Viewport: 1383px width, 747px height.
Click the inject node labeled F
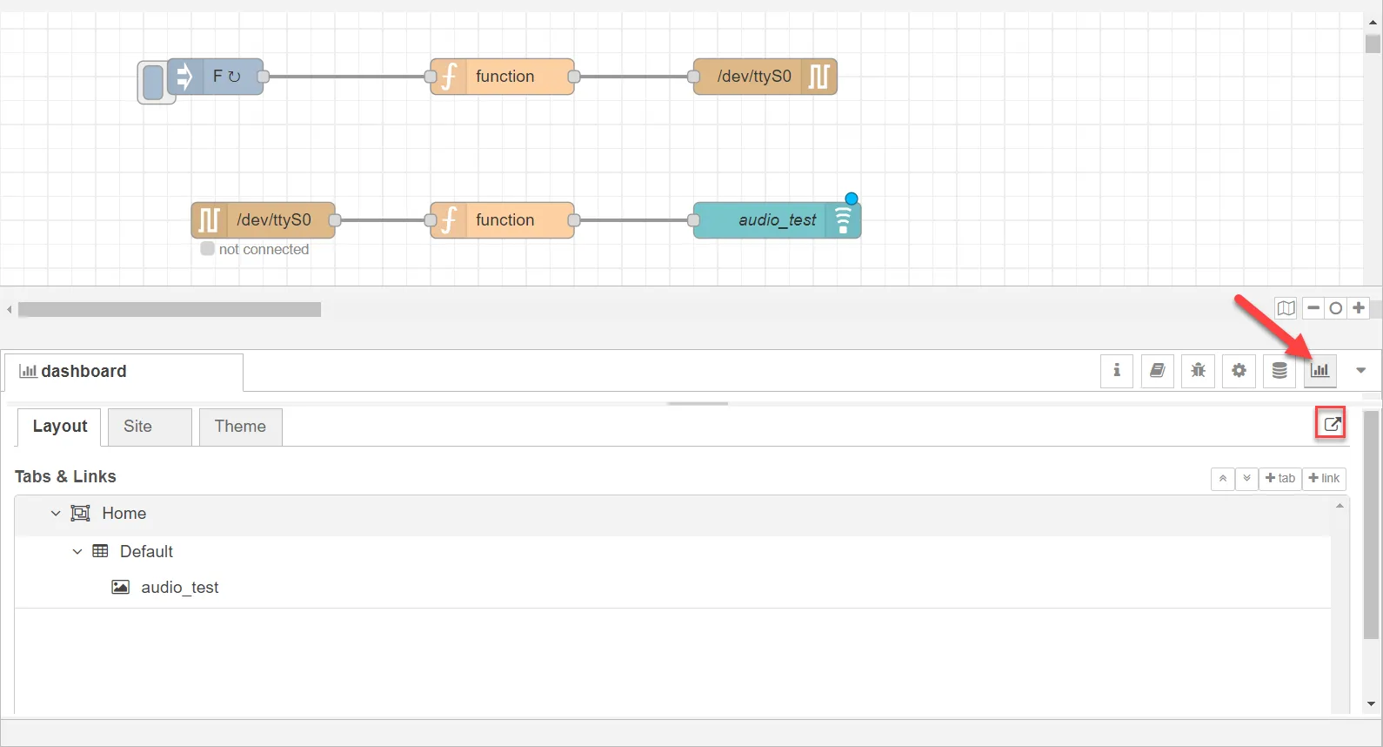(216, 77)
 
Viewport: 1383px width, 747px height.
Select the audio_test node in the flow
(777, 220)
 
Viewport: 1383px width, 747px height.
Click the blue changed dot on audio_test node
(852, 199)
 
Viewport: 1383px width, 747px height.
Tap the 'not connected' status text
(264, 249)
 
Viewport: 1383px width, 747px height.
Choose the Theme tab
(240, 427)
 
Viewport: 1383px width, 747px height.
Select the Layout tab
(59, 427)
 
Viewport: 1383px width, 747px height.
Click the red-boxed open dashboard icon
(1331, 424)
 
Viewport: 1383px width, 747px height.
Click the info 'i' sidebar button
(1116, 371)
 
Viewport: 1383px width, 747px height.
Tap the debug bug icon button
(1198, 371)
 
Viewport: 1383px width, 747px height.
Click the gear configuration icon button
(1239, 371)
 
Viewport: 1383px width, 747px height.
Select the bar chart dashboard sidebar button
(1320, 371)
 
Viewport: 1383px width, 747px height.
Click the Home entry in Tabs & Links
(124, 514)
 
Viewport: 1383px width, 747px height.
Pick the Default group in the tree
(146, 551)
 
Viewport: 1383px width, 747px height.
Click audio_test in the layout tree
(180, 587)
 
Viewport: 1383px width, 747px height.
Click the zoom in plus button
(1359, 307)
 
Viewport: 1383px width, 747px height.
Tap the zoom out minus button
(1313, 307)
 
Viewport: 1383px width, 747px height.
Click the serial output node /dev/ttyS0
(765, 77)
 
